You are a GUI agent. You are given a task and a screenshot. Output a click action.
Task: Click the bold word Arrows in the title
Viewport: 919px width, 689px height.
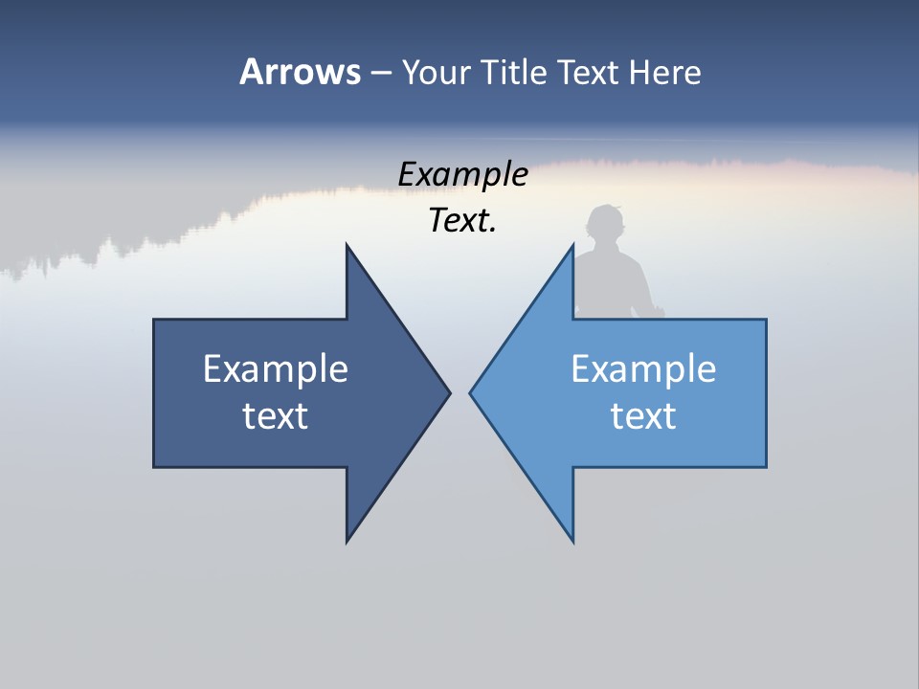click(299, 72)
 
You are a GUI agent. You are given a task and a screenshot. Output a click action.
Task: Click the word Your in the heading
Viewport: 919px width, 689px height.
click(434, 72)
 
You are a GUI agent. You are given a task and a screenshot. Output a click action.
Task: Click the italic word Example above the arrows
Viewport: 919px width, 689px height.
click(462, 174)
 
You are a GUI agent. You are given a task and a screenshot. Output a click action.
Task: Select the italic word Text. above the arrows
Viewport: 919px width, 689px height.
click(462, 221)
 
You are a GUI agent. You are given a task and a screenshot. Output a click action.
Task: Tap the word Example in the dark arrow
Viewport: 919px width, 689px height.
click(276, 368)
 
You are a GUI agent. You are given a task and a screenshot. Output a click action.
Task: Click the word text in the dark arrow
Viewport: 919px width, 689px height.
click(276, 415)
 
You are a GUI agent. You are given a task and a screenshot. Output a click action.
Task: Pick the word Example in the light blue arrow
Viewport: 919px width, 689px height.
click(643, 368)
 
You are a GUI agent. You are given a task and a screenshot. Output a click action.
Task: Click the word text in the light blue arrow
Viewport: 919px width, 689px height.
click(643, 415)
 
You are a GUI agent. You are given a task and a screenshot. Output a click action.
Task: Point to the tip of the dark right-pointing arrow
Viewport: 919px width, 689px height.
click(449, 392)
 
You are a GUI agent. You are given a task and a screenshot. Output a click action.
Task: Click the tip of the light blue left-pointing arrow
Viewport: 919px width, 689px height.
click(471, 392)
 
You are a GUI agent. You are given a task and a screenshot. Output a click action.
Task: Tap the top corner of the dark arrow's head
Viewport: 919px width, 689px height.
click(347, 246)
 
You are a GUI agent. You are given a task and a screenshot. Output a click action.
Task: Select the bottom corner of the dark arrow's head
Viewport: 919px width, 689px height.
click(347, 541)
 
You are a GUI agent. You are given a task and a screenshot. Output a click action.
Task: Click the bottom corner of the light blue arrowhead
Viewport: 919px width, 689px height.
click(572, 541)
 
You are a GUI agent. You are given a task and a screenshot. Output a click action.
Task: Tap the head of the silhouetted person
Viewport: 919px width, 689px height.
click(605, 226)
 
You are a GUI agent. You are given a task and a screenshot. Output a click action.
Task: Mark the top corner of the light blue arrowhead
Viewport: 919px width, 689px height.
click(572, 246)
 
